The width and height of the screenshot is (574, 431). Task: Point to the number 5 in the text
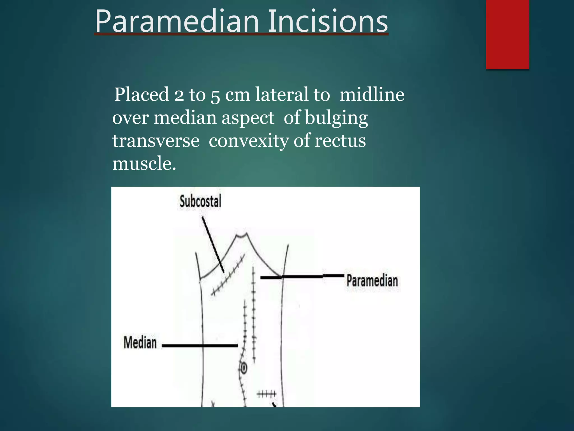click(215, 95)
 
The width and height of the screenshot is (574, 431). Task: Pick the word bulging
click(336, 118)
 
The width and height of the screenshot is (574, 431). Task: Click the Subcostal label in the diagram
click(200, 201)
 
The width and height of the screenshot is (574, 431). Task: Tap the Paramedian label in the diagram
click(372, 281)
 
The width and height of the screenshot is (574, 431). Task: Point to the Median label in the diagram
click(140, 343)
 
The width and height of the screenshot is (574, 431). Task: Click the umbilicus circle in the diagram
click(244, 368)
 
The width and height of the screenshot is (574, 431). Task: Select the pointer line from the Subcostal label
click(213, 244)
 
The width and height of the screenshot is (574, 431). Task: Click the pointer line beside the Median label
click(200, 345)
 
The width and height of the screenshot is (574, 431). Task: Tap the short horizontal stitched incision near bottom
click(267, 394)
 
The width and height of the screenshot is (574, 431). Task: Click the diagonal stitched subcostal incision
click(228, 275)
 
